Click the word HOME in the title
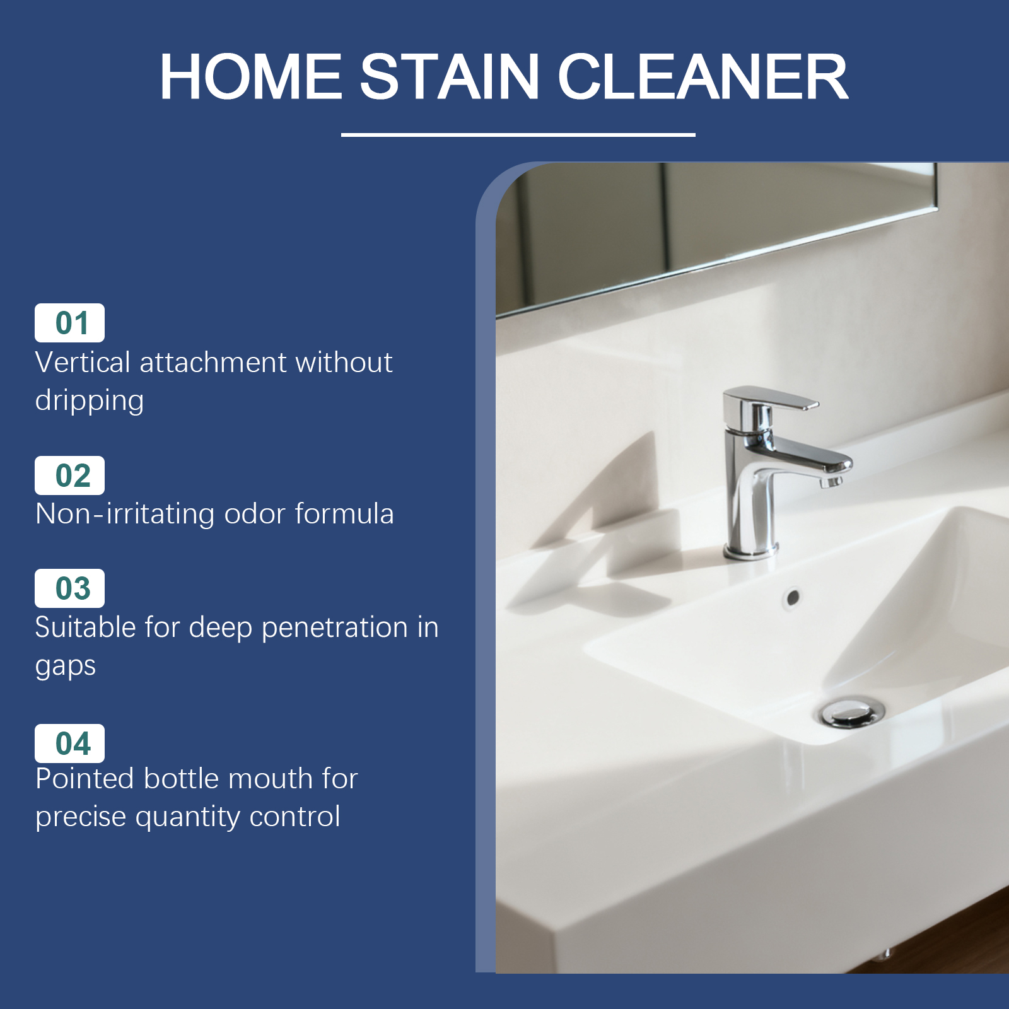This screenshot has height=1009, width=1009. [251, 76]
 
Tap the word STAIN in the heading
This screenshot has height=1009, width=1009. [450, 76]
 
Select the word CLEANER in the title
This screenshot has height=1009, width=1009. [703, 76]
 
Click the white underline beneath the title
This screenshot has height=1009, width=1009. [518, 135]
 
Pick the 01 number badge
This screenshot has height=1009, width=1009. [69, 323]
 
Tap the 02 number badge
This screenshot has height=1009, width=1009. [69, 475]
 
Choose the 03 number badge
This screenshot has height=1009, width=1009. [69, 588]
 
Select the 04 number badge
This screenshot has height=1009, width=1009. [69, 743]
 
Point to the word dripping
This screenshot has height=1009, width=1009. [90, 401]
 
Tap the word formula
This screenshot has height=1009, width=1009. [344, 513]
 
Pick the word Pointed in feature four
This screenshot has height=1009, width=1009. [85, 778]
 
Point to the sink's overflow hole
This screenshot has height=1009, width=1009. [793, 597]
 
